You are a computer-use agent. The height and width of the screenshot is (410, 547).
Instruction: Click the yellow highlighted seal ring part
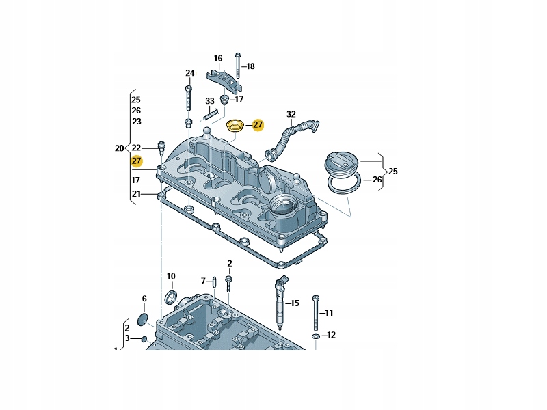(235, 126)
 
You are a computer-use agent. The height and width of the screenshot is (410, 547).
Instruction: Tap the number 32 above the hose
(291, 114)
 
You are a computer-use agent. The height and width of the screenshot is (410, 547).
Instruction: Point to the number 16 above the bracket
(218, 58)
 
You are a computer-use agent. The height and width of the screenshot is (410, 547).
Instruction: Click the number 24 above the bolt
(190, 73)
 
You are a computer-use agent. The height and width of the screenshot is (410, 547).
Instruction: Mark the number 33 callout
(210, 101)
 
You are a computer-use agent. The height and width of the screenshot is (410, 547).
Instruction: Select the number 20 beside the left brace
(119, 148)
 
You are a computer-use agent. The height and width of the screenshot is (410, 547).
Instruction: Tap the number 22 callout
(136, 148)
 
